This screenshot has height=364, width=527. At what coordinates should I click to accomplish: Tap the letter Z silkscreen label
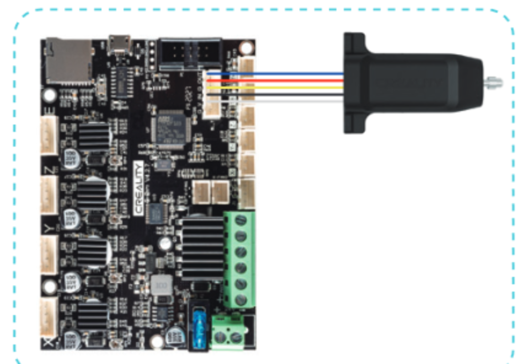(48, 170)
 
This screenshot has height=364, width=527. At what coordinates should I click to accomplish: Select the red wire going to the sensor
(290, 80)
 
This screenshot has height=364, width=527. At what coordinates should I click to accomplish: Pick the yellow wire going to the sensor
(290, 87)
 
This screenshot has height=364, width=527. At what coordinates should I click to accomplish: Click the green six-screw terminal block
(240, 259)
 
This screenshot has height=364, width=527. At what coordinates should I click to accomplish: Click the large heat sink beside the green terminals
(202, 247)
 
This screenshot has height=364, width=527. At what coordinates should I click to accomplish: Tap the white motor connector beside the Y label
(50, 251)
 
